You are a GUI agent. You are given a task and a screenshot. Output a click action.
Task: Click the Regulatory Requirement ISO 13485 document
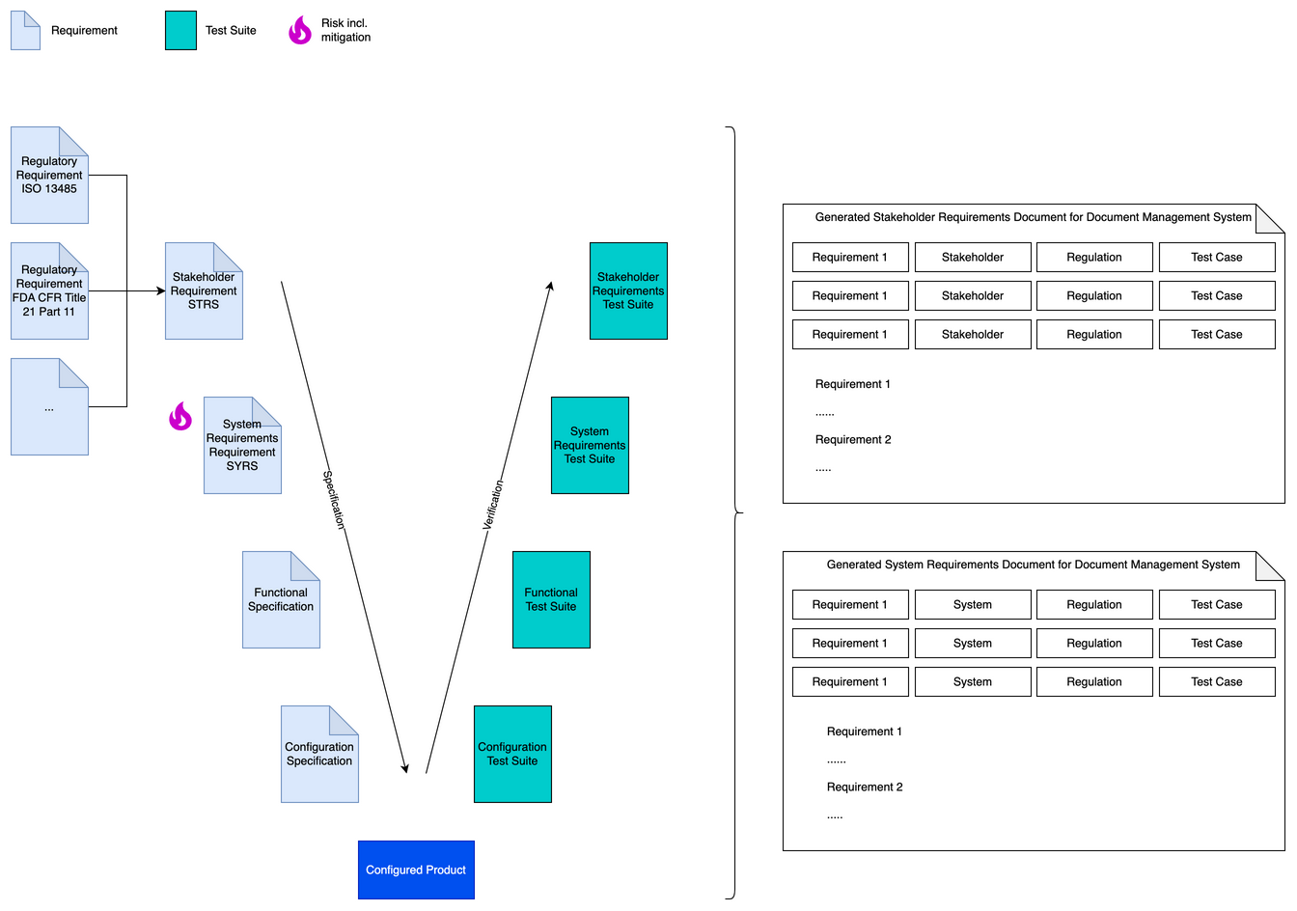49,176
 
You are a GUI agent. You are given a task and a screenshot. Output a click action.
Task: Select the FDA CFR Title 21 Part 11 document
49,290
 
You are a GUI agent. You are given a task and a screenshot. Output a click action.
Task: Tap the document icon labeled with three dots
49,407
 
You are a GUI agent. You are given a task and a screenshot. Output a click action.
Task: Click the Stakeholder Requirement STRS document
204,290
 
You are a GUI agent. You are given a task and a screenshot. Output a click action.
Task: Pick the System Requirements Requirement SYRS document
242,445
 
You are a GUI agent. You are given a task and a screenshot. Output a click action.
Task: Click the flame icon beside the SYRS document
180,416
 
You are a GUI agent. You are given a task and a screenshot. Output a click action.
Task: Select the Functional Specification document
281,599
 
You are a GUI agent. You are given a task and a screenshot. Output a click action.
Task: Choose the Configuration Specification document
319,754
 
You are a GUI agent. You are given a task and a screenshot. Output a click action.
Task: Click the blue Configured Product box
416,870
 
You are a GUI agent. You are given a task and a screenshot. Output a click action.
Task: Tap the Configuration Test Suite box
512,754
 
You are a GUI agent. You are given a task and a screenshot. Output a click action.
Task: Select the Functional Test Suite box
551,599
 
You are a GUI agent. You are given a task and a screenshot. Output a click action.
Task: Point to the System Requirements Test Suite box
590,445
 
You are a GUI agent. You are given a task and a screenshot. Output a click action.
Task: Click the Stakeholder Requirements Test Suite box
628,290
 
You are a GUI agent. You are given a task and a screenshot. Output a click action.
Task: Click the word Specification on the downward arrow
333,500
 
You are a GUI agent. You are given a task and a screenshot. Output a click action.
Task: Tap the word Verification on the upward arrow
493,505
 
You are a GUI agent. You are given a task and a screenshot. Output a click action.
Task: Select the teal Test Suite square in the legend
180,30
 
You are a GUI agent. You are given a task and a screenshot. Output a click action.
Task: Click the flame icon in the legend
300,30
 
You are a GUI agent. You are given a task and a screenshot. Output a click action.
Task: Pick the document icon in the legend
25,30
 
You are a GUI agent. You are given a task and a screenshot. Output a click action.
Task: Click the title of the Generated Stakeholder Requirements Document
1033,217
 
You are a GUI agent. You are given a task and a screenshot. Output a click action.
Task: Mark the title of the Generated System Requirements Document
1033,565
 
